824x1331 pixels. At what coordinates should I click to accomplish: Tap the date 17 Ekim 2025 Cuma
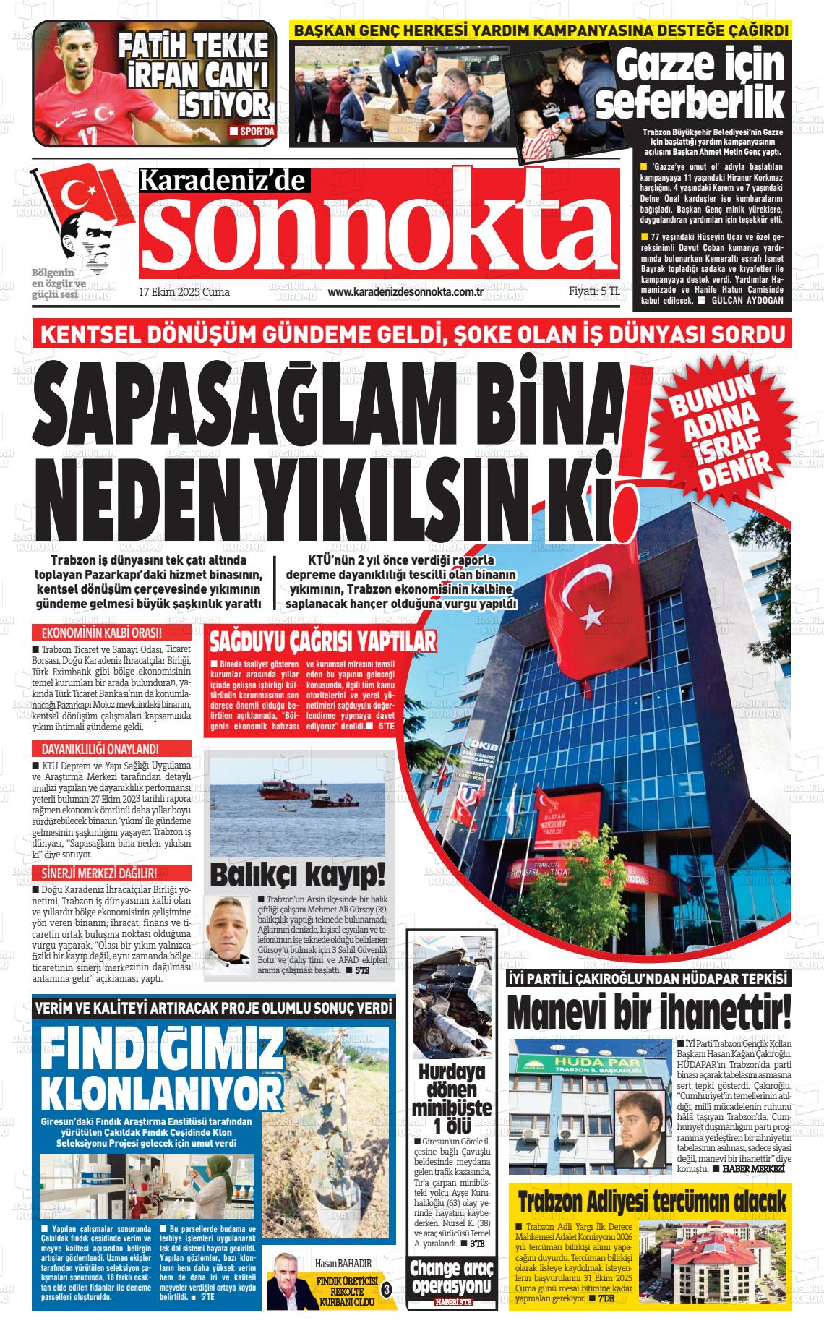[x=184, y=292]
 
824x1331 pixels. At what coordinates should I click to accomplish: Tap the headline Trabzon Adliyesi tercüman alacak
[x=651, y=1202]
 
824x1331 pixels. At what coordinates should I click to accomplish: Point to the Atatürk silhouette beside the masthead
[x=87, y=239]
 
